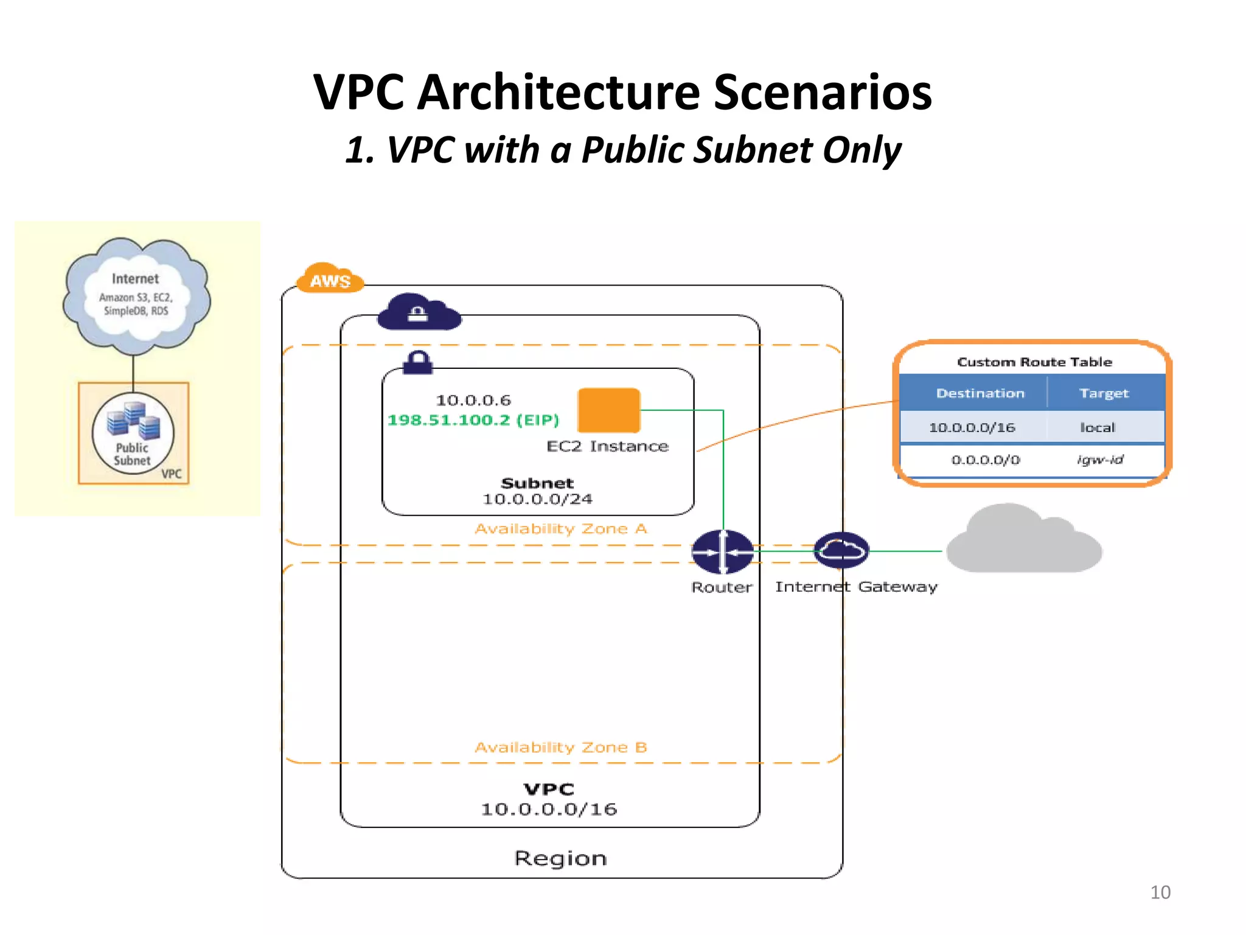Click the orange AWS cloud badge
click(330, 279)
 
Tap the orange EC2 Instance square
click(608, 410)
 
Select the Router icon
click(722, 552)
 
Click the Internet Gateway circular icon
click(841, 550)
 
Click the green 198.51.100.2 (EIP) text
click(473, 420)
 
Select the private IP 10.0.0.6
click(473, 400)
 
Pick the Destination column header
click(980, 393)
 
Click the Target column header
click(1104, 393)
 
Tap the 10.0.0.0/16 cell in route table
click(972, 427)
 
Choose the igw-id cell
click(1100, 460)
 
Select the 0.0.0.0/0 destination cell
click(985, 460)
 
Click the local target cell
click(1097, 427)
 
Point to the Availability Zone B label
click(560, 747)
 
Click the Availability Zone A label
click(560, 528)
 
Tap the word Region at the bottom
click(560, 858)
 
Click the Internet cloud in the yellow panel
click(136, 296)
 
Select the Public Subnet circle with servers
click(133, 433)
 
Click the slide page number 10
click(1160, 892)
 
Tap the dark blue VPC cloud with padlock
click(419, 313)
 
